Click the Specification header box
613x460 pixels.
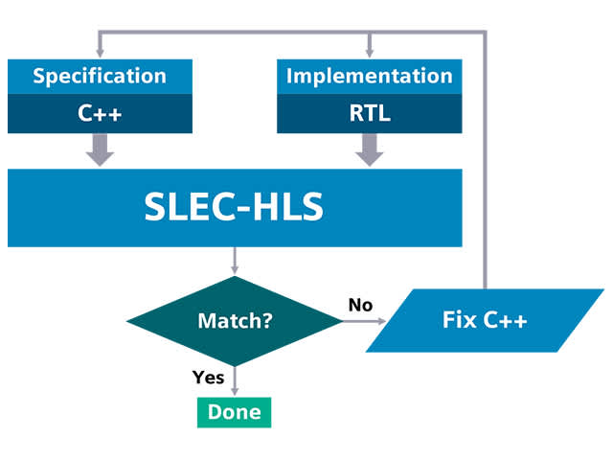100,77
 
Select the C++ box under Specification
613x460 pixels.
100,114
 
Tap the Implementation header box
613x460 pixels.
369,77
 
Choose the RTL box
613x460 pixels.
369,114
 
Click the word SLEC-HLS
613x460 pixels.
235,207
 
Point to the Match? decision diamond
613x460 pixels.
235,321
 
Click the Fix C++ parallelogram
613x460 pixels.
485,319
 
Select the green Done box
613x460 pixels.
235,412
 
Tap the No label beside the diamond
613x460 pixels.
360,305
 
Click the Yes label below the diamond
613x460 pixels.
208,377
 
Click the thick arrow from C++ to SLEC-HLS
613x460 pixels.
100,149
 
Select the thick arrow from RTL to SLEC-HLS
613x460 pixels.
369,149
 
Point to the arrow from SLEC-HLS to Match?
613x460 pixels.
235,261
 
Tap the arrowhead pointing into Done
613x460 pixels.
235,391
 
